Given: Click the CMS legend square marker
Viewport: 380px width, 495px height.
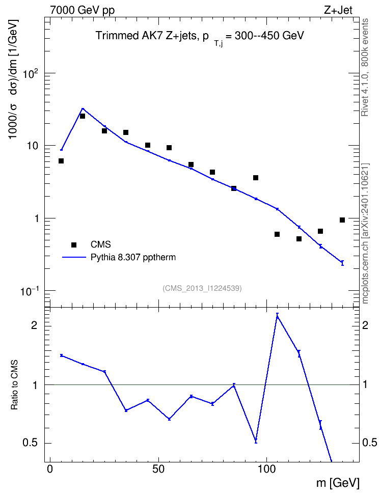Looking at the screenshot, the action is pos(74,244).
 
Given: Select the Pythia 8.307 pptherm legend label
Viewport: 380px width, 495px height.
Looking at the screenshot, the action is pos(133,257).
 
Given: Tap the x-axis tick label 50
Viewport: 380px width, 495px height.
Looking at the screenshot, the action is pos(158,469).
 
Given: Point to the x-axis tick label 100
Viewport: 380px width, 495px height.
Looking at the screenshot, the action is pos(266,469).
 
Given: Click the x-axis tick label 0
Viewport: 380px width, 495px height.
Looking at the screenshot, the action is pos(50,469).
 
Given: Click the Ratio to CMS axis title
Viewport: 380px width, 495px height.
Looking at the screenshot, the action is pos(14,384).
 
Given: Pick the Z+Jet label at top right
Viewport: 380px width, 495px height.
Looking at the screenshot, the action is pos(338,10).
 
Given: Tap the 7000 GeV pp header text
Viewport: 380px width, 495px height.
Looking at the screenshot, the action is pos(82,10).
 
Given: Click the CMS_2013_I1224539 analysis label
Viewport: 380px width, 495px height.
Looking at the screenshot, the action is pos(202,288).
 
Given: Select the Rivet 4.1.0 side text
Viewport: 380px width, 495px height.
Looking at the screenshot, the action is pos(365,67).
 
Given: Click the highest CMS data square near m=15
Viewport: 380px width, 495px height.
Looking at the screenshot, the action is pos(83,116).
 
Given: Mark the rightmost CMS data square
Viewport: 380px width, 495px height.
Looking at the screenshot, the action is pos(342,220).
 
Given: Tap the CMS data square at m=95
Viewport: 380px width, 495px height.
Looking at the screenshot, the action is pos(256,178).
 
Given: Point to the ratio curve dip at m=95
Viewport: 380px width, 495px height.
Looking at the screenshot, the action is pos(256,441).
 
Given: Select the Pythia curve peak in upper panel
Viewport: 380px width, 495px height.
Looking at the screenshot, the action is pos(83,108).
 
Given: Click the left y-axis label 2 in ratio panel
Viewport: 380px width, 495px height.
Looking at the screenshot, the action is pos(34,325).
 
